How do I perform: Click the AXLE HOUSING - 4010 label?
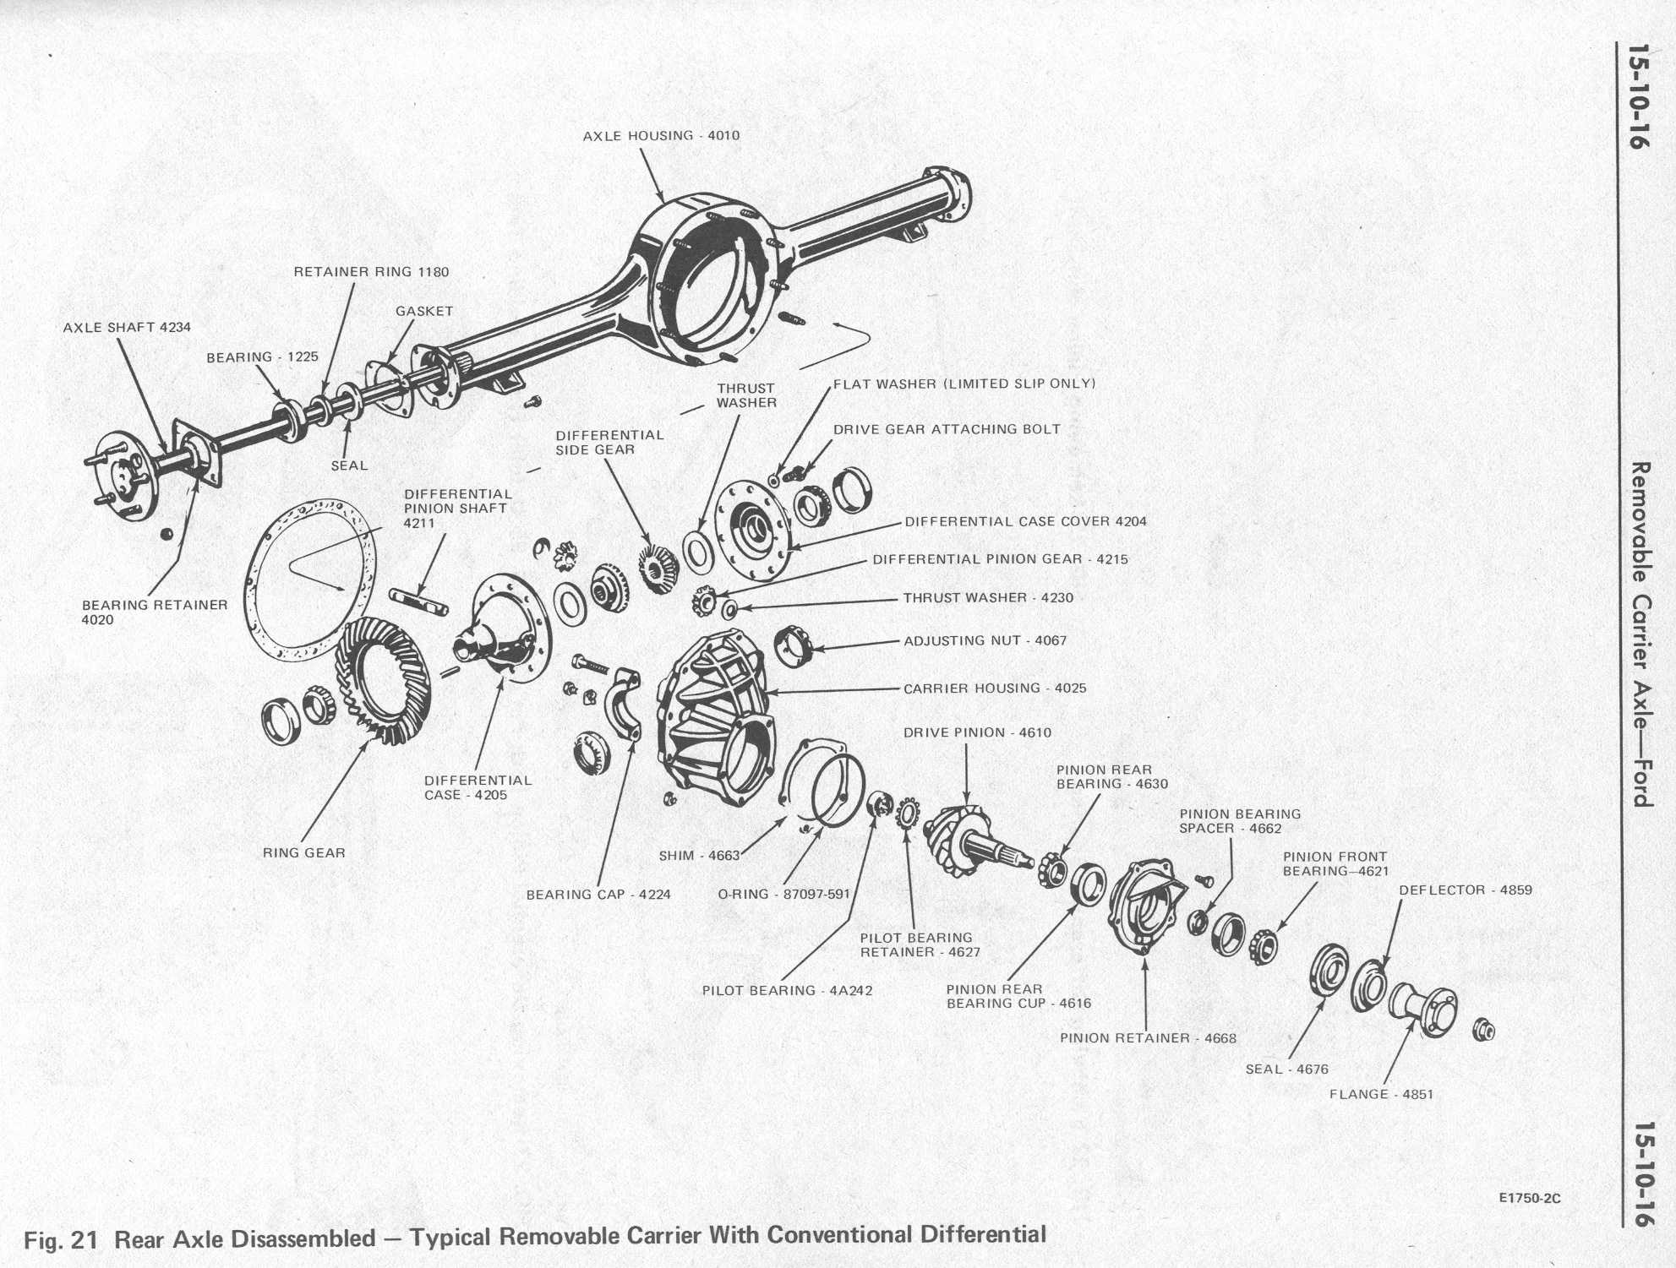(661, 136)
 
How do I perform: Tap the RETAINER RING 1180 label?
(371, 272)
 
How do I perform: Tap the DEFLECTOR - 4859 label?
(1465, 890)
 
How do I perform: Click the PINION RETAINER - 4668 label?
(1148, 1038)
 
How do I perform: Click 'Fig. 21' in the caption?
(61, 1240)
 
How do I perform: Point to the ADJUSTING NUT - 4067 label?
(985, 641)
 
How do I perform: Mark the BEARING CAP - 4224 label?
(598, 895)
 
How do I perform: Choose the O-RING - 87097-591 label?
(783, 895)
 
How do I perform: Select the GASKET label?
(424, 312)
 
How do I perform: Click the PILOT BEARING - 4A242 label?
(787, 991)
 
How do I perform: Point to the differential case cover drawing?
(752, 531)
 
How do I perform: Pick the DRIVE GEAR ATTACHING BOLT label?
(947, 429)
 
